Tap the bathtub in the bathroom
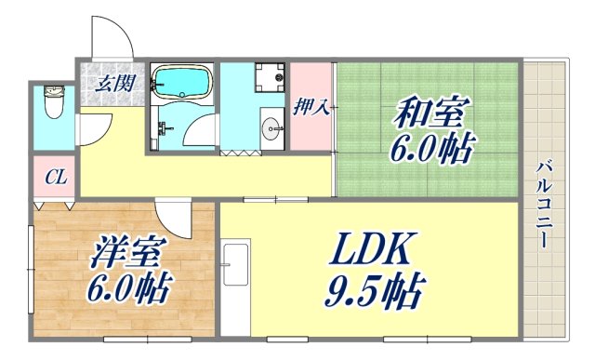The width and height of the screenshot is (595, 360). pos(181,81)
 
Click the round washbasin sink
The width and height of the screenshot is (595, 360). pos(271,128)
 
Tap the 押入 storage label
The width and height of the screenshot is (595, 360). pos(312,105)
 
